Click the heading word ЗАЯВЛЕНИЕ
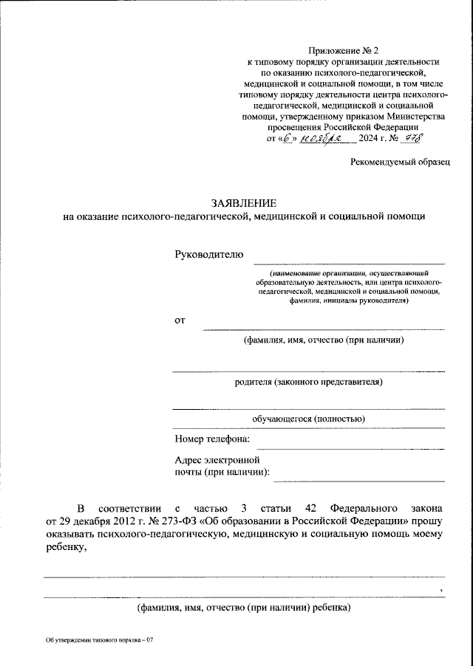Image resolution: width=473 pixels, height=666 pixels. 244,202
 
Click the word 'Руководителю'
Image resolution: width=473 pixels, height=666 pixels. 208,255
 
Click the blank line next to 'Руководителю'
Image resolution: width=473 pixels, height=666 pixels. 349,262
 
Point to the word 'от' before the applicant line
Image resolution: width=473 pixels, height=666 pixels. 180,320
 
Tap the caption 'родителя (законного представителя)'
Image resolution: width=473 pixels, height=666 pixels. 309,382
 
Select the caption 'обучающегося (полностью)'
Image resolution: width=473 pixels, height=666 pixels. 308,419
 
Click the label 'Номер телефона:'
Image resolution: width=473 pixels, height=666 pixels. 212,440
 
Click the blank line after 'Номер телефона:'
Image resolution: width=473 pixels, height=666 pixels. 349,447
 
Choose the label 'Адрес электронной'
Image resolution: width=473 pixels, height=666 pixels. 219,459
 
